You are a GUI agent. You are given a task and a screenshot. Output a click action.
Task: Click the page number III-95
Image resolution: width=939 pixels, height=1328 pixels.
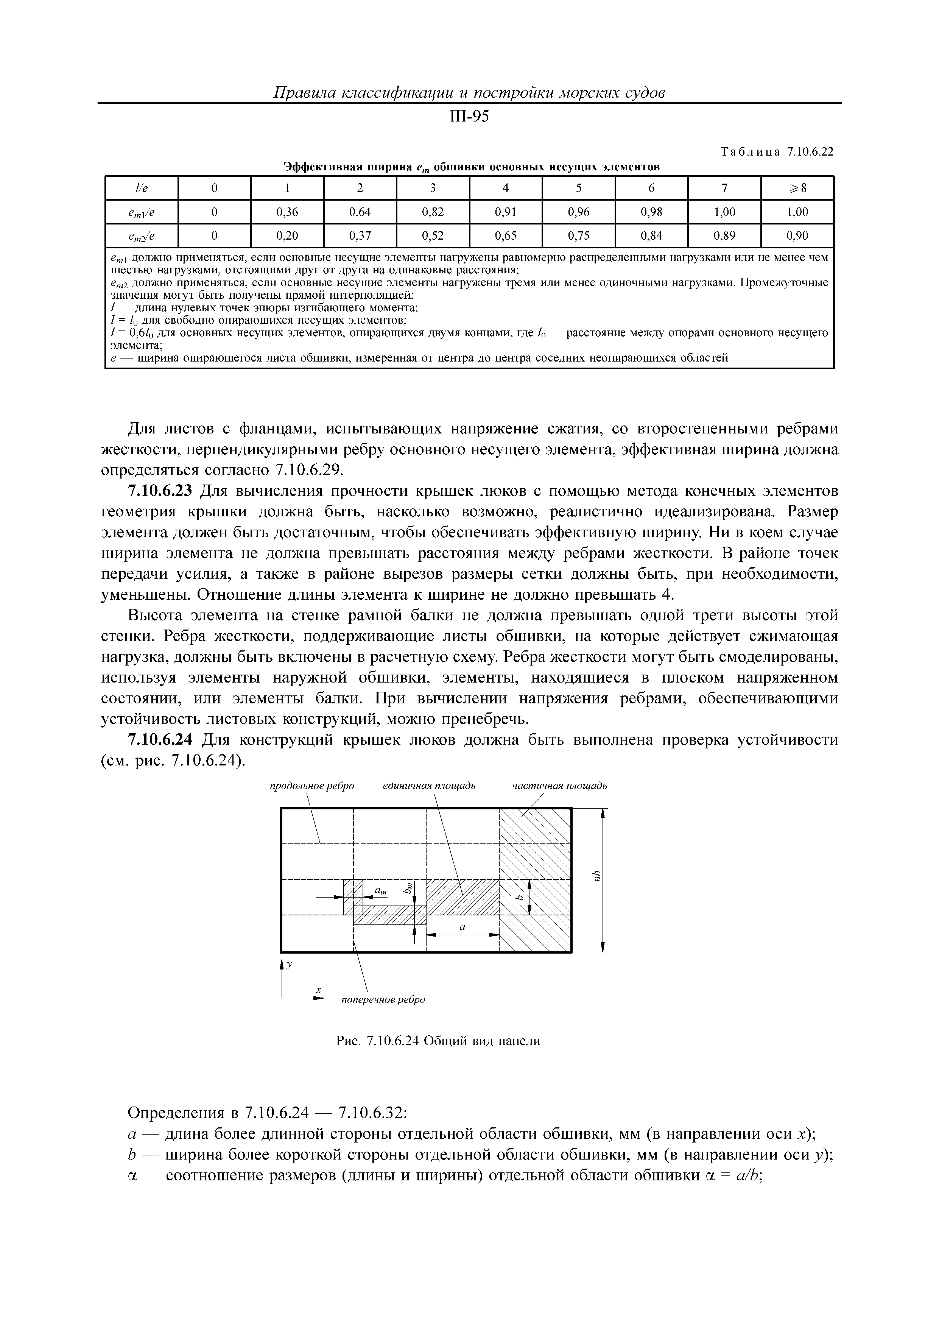[x=469, y=117]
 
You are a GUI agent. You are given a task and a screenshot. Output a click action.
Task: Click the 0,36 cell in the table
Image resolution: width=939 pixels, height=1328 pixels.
[x=287, y=212]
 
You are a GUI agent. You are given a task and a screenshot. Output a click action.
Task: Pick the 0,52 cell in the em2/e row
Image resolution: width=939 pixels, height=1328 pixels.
[x=433, y=236]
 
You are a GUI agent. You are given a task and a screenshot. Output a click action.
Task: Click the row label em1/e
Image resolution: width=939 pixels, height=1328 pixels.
[x=141, y=212]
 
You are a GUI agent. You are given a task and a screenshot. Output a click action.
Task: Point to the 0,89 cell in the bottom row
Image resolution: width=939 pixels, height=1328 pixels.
[x=724, y=236]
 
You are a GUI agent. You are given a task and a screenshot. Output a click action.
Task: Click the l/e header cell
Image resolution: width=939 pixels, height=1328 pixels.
[x=141, y=188]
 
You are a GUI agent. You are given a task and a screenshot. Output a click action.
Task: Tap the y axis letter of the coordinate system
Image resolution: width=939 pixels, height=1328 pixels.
[x=290, y=965]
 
